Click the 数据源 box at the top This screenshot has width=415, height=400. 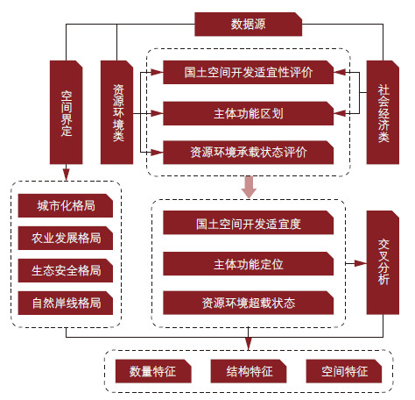tap(248, 25)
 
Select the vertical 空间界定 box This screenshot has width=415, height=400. tap(67, 112)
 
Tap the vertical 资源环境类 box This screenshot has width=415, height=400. tap(117, 112)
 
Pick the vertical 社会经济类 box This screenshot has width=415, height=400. tap(383, 112)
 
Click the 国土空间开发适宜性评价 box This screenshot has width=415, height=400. tap(248, 73)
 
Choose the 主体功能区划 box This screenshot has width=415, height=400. tap(248, 113)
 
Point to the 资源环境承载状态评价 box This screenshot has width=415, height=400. tap(248, 153)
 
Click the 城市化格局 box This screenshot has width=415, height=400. tap(66, 205)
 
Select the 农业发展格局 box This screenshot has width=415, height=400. tap(66, 238)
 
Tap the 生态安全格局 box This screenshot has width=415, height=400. tap(66, 270)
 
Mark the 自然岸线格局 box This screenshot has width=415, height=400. tap(66, 303)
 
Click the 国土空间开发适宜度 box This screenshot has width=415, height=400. tap(248, 223)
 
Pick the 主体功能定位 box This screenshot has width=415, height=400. tap(248, 264)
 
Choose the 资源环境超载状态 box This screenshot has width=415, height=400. tap(248, 303)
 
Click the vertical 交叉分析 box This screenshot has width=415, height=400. tap(383, 262)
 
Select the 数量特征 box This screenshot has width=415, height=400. tap(153, 371)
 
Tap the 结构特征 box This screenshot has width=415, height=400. tap(249, 371)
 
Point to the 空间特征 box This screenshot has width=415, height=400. tap(344, 371)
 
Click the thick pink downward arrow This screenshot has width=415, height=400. tap(249, 187)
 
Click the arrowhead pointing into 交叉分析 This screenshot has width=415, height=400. tap(361, 263)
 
